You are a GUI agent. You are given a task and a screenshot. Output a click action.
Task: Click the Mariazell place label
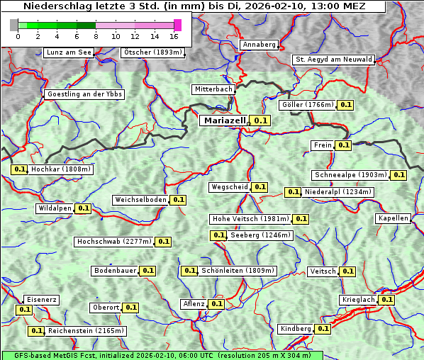pyautogui.click(x=225, y=120)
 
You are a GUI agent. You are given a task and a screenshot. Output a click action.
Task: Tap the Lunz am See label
pyautogui.click(x=68, y=52)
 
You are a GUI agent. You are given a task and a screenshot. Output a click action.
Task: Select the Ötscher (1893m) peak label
pyautogui.click(x=152, y=52)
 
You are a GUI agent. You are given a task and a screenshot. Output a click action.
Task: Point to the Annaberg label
pyautogui.click(x=259, y=45)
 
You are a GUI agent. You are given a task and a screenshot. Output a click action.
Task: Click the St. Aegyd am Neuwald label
pyautogui.click(x=333, y=60)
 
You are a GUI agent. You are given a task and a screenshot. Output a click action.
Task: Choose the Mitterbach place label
pyautogui.click(x=213, y=89)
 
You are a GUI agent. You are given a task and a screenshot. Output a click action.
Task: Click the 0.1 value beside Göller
pyautogui.click(x=345, y=105)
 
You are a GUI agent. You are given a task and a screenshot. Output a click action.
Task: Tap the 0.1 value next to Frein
pyautogui.click(x=343, y=145)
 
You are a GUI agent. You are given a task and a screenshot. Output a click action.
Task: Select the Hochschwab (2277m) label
pyautogui.click(x=114, y=242)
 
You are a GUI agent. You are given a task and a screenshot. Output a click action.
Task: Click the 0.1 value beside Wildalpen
pyautogui.click(x=83, y=208)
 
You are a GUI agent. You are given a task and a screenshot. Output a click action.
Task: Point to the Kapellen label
pyautogui.click(x=394, y=218)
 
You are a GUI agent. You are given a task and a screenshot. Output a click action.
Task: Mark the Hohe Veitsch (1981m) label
pyautogui.click(x=250, y=219)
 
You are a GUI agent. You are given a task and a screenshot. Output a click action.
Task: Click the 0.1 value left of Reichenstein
pyautogui.click(x=36, y=331)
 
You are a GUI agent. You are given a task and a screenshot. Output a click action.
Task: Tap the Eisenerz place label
pyautogui.click(x=40, y=300)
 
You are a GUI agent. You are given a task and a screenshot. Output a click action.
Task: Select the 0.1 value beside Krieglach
pyautogui.click(x=386, y=300)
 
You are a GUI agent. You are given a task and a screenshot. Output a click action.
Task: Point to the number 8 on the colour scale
pyautogui.click(x=96, y=36)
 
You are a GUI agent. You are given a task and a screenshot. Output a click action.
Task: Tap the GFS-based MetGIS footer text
pyautogui.click(x=162, y=355)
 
